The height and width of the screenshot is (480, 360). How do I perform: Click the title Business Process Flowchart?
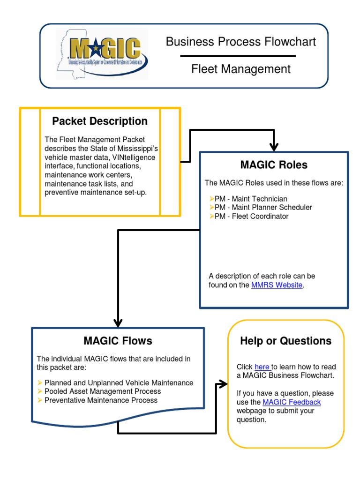240,42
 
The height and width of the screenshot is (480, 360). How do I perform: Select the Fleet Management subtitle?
240,69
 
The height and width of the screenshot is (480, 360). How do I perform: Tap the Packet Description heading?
100,121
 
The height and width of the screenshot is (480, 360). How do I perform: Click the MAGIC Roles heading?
274,165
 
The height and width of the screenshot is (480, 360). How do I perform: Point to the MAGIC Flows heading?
118,341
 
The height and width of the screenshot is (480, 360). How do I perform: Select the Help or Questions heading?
285,341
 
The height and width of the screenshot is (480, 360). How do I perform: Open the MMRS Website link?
277,285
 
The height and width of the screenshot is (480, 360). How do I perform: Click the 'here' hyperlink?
262,367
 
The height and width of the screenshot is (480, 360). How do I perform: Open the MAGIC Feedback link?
292,402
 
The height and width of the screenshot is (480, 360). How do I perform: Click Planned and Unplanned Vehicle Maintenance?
119,383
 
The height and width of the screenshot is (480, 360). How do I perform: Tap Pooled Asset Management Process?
102,391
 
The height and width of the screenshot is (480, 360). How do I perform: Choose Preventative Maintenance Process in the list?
101,400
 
